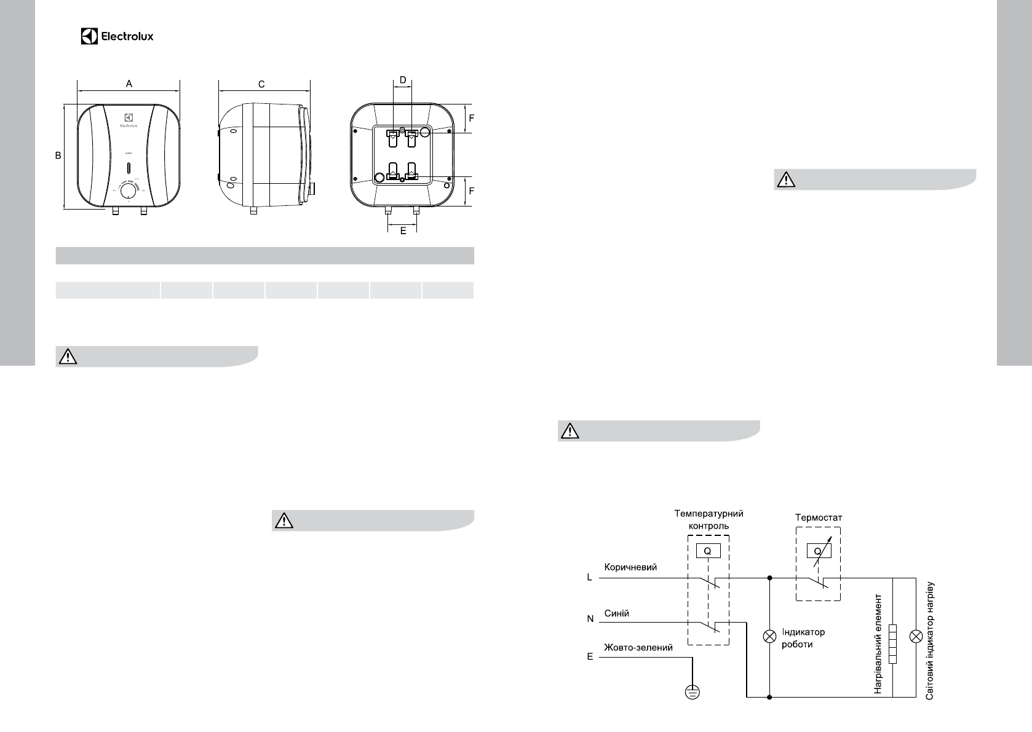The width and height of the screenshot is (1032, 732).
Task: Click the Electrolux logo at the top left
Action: tap(117, 36)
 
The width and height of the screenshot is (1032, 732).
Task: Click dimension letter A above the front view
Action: tap(129, 84)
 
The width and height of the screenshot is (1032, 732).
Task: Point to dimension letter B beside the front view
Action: tap(58, 156)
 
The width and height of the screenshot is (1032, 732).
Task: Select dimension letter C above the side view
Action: tap(261, 84)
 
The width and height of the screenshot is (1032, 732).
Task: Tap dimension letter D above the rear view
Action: tap(403, 80)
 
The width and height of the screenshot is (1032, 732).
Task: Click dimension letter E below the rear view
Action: tap(403, 231)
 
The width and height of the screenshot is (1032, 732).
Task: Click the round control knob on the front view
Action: tap(128, 192)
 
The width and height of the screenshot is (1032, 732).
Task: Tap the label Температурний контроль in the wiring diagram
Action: tap(709, 519)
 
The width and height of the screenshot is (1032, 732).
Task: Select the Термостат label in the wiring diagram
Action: tap(819, 518)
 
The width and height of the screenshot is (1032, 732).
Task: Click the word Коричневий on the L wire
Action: tap(630, 567)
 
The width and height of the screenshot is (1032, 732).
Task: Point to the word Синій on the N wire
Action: tap(617, 613)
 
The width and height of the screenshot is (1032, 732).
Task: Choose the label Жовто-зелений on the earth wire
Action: tap(638, 647)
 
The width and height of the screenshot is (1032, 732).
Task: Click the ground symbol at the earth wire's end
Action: tap(692, 693)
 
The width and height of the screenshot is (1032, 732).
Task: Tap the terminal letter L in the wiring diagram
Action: tap(589, 578)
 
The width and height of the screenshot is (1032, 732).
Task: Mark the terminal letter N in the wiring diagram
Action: tap(590, 619)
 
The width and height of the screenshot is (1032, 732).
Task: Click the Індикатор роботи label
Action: tap(803, 638)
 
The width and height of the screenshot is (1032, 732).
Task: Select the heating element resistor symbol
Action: tap(893, 643)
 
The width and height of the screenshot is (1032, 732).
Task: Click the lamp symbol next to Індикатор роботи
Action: tap(769, 637)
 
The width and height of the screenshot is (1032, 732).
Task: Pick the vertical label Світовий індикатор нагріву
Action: tap(930, 640)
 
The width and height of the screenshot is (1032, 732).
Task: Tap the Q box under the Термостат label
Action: tap(819, 551)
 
